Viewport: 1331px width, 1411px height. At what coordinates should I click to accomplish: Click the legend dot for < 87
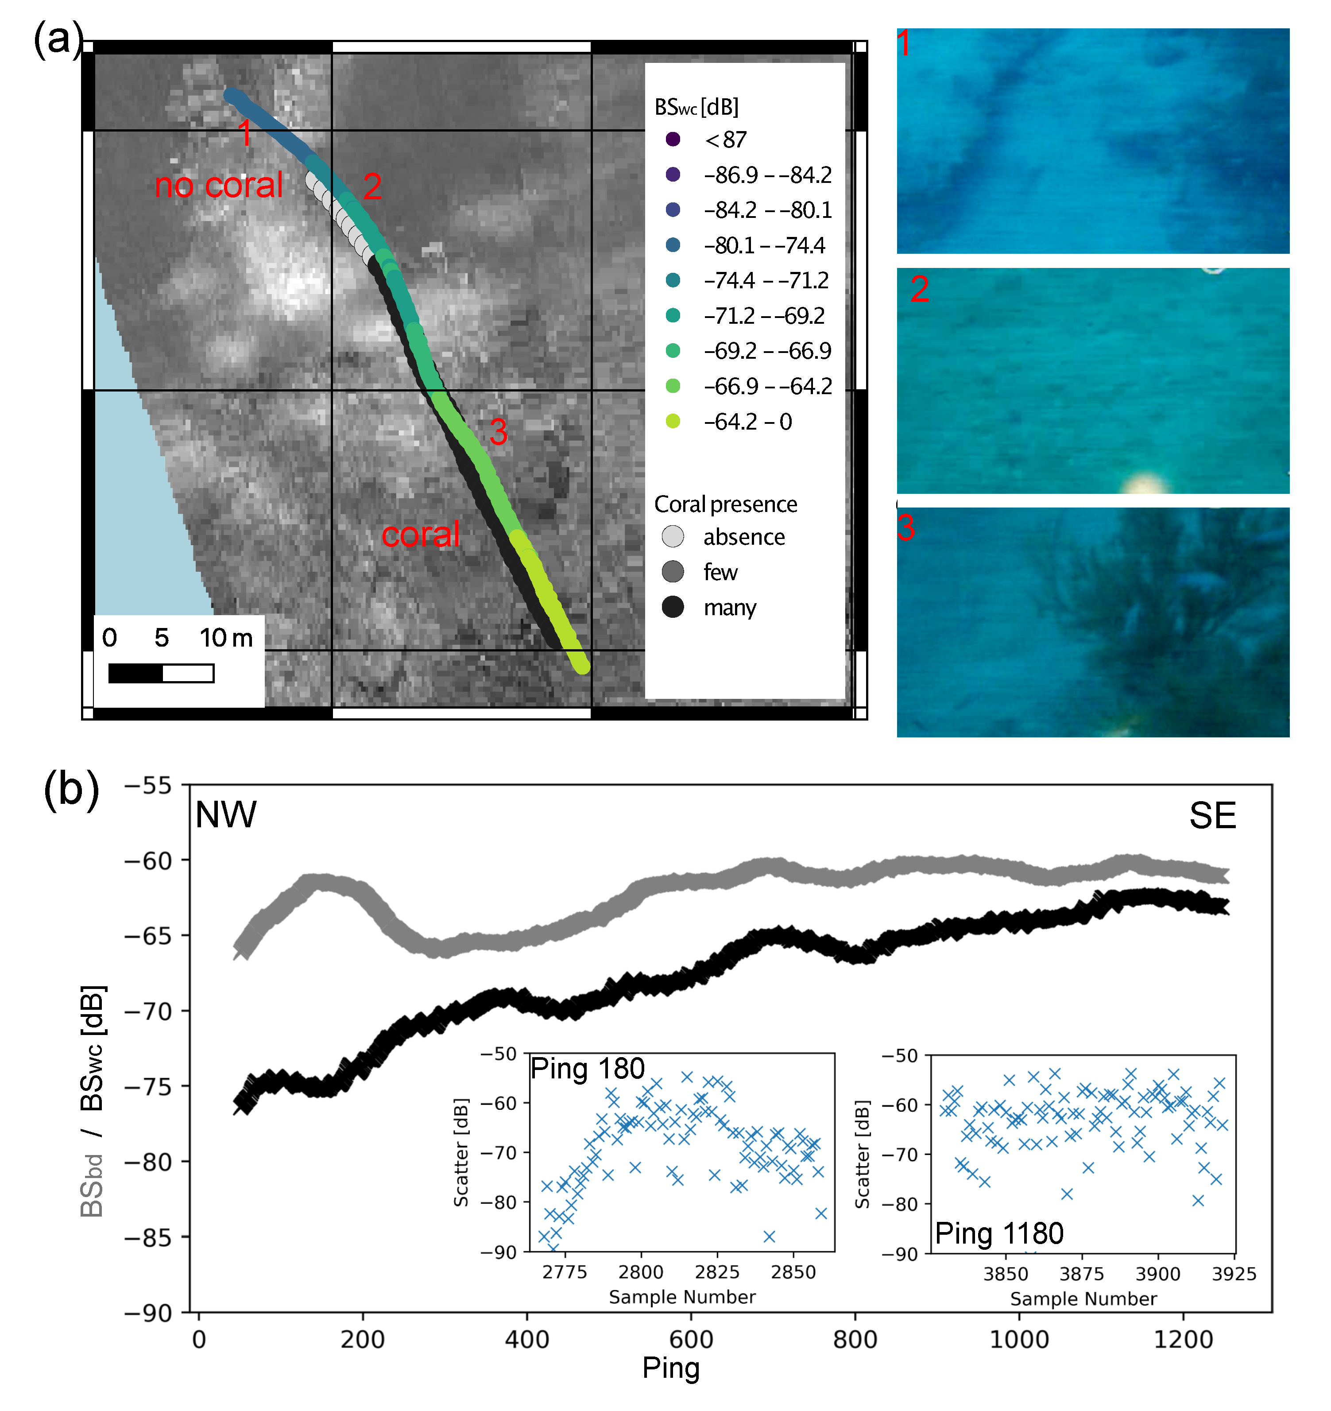tap(673, 139)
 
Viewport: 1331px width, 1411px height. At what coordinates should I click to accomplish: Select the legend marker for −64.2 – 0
tap(673, 422)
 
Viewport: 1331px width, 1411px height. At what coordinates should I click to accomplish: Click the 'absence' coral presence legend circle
tap(673, 537)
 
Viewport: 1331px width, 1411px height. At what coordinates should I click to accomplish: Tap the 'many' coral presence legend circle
tap(673, 607)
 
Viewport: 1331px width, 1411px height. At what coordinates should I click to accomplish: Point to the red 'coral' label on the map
tap(420, 535)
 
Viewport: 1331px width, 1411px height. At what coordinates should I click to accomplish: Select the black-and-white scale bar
tap(161, 673)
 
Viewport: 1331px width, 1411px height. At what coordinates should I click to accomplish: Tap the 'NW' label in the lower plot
tap(226, 815)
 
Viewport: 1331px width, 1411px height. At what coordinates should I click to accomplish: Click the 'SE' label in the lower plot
tap(1212, 815)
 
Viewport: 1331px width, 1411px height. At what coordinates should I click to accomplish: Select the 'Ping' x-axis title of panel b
tap(670, 1368)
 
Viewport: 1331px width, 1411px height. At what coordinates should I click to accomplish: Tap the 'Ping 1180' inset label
tap(999, 1233)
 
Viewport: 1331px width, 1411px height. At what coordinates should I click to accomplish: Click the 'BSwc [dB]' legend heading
tap(696, 107)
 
